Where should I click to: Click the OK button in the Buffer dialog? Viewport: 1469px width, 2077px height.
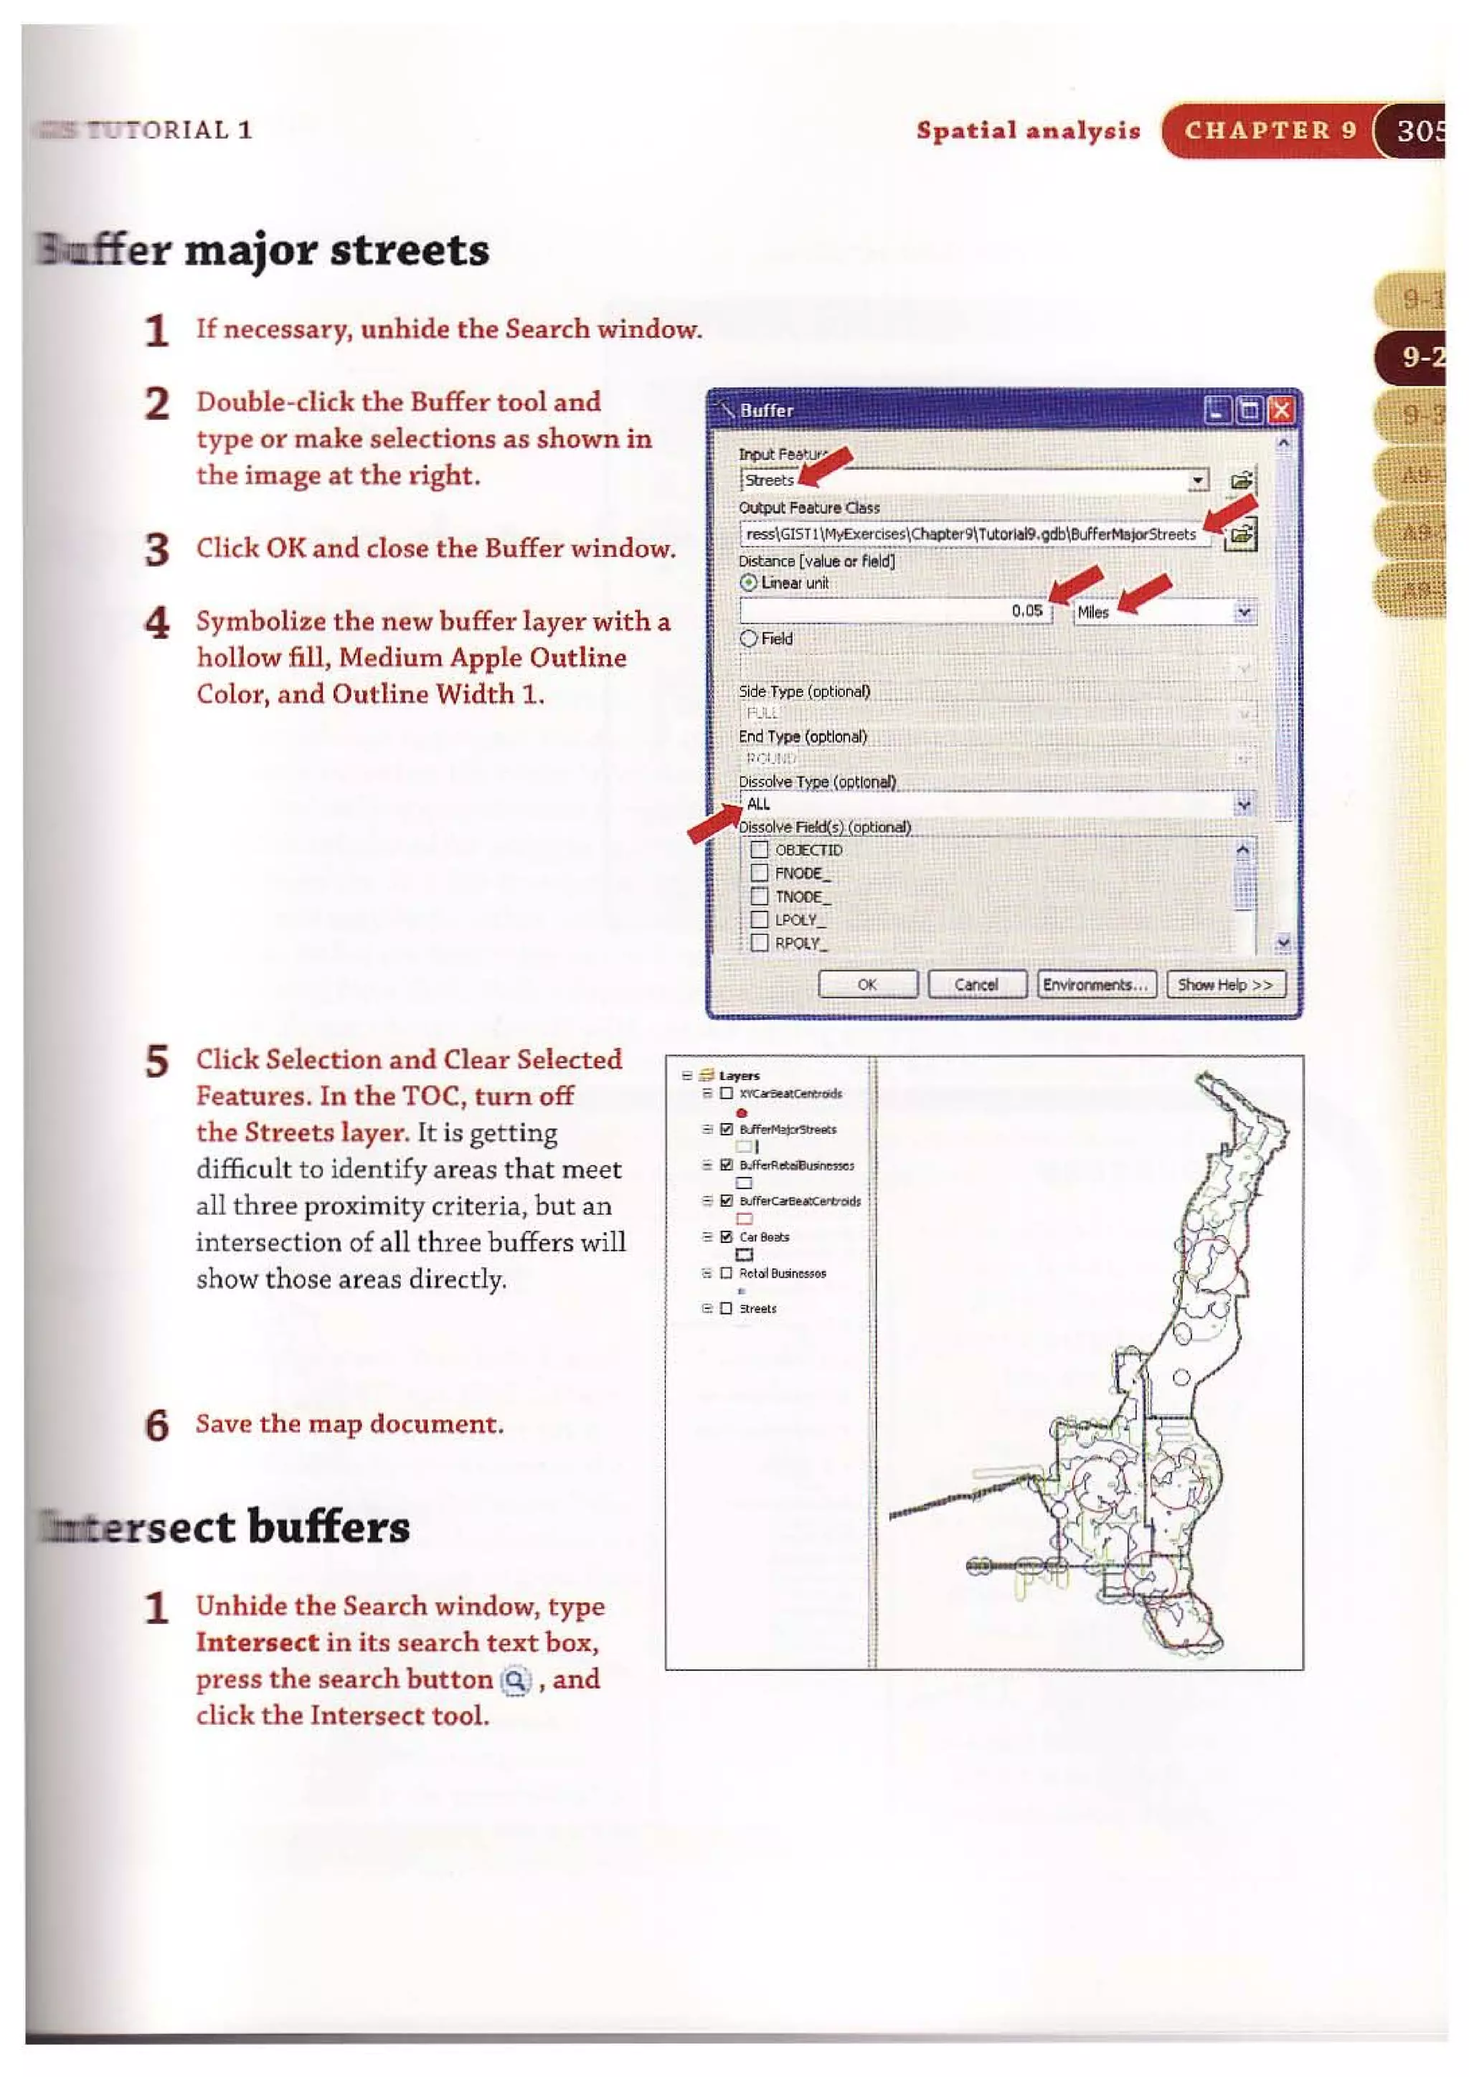[866, 984]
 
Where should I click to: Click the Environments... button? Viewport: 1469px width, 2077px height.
[1095, 984]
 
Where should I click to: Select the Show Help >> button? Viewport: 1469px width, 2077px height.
[1225, 984]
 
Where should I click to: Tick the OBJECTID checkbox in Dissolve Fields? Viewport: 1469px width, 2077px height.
[760, 849]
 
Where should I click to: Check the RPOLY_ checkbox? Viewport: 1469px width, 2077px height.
[760, 942]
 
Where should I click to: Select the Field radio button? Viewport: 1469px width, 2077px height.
[748, 638]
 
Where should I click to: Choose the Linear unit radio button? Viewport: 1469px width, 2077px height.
[748, 584]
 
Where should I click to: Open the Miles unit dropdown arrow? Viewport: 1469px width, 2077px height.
[1244, 612]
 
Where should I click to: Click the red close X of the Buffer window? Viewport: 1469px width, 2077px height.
[1280, 412]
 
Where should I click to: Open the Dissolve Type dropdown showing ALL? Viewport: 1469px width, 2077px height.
[1244, 804]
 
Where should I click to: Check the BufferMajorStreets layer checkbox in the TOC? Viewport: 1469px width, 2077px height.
[725, 1129]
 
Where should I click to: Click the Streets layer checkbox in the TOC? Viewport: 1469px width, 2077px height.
[725, 1308]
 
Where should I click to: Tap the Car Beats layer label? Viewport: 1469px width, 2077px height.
[765, 1236]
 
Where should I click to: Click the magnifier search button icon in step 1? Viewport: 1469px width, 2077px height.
[516, 1681]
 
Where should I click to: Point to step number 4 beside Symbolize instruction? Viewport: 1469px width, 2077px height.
[157, 623]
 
